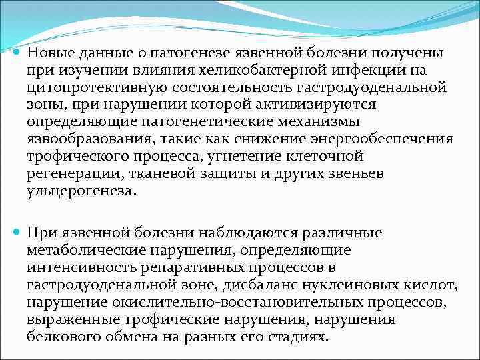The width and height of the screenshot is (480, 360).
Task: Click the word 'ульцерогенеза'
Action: (80, 191)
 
